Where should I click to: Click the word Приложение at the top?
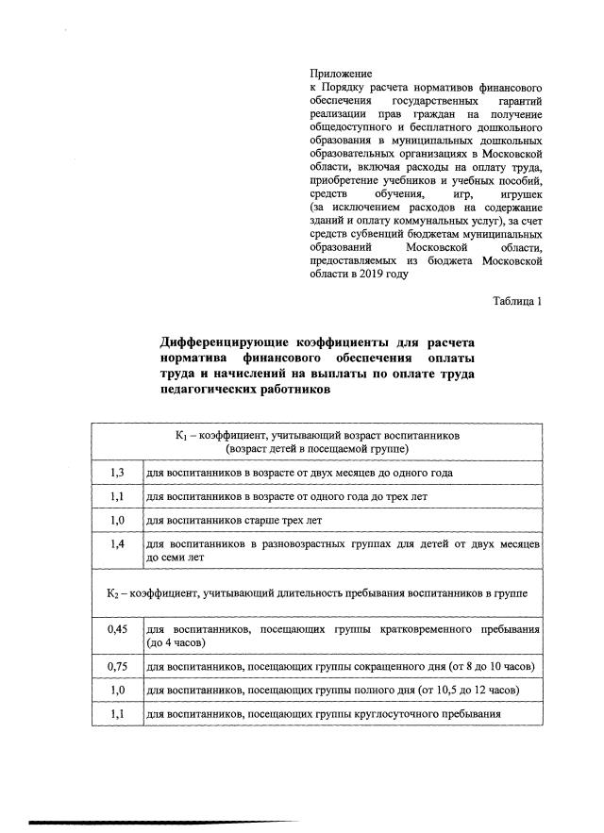(341, 73)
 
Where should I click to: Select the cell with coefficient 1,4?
(118, 544)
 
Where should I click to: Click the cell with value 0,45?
(118, 629)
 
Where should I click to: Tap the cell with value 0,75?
(118, 666)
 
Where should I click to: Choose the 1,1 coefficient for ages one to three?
(118, 495)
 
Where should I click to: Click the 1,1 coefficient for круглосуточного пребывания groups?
(118, 713)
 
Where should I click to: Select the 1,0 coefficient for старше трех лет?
(118, 519)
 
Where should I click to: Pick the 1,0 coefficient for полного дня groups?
(118, 690)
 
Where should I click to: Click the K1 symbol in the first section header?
(181, 437)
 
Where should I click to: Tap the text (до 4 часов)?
(176, 643)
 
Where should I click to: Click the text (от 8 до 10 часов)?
(488, 667)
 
